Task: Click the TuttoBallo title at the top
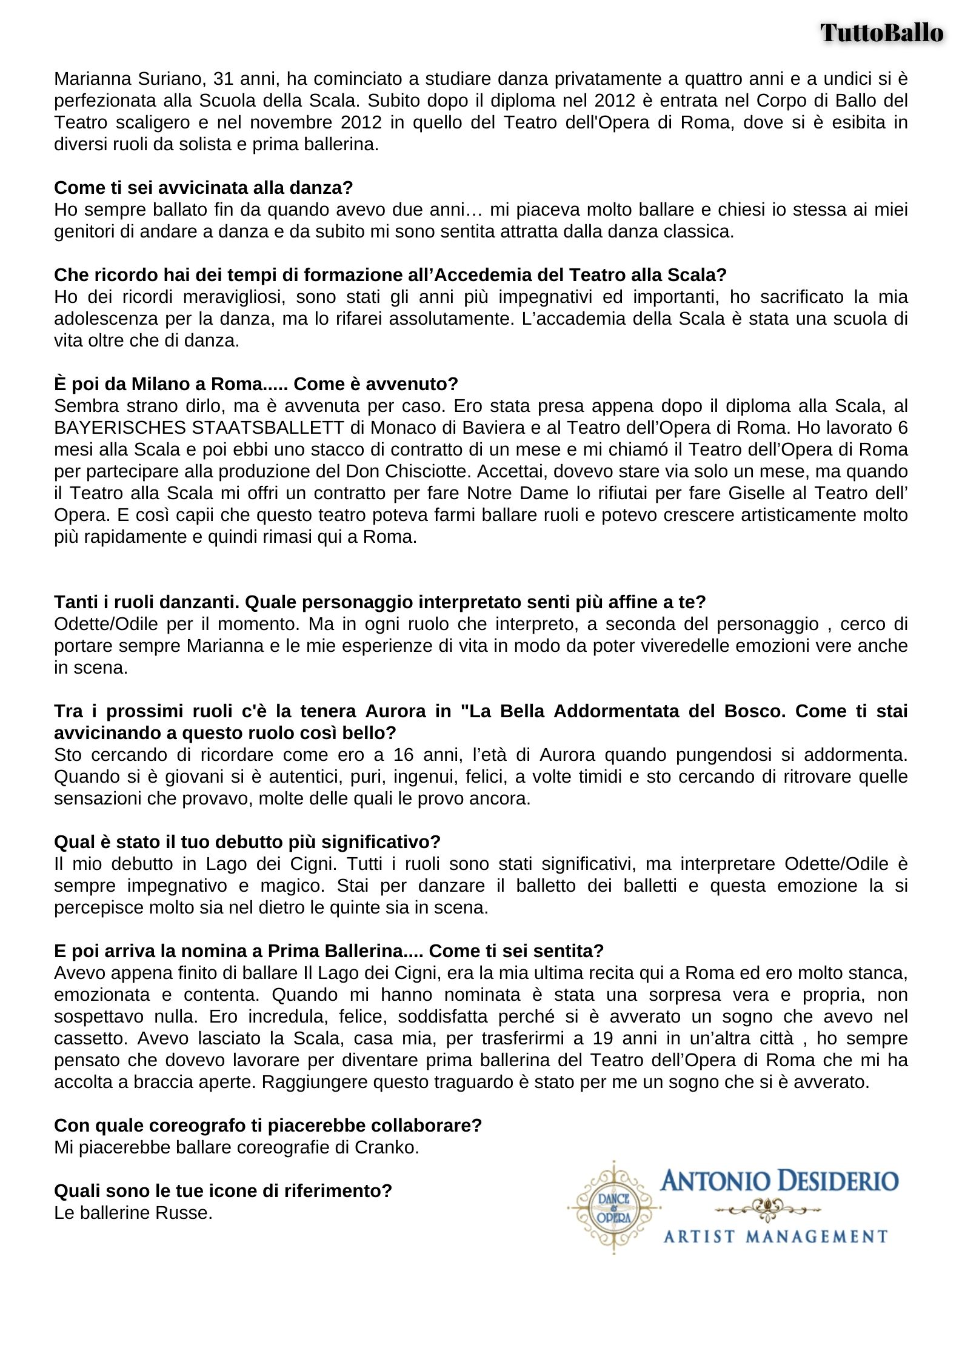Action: tap(882, 32)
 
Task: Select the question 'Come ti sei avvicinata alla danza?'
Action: tap(203, 188)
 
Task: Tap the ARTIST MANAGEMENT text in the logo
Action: tap(775, 1236)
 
